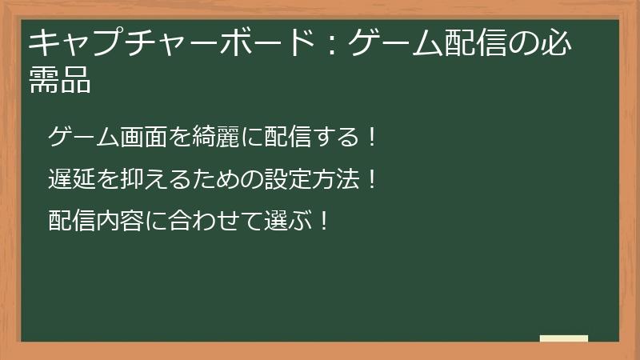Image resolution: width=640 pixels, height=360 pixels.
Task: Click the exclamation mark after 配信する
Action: pos(370,138)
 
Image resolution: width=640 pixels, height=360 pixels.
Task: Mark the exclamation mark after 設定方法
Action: pos(370,179)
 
